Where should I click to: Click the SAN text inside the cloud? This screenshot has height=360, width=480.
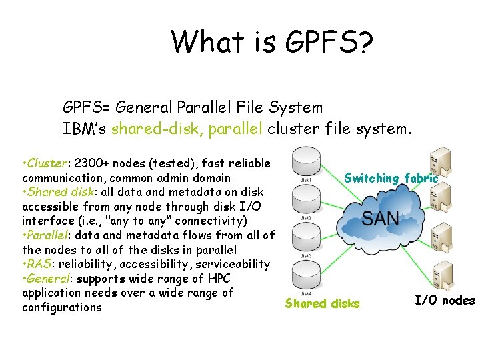click(x=381, y=219)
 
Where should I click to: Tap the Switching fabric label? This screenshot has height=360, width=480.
click(x=391, y=178)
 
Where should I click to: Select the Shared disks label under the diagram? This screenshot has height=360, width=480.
click(x=322, y=304)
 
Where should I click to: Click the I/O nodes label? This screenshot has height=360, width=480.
click(x=444, y=300)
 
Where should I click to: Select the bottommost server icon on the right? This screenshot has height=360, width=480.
click(x=440, y=275)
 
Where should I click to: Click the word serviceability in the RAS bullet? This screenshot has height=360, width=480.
click(x=233, y=264)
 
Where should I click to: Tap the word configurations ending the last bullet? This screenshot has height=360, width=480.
click(x=62, y=307)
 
